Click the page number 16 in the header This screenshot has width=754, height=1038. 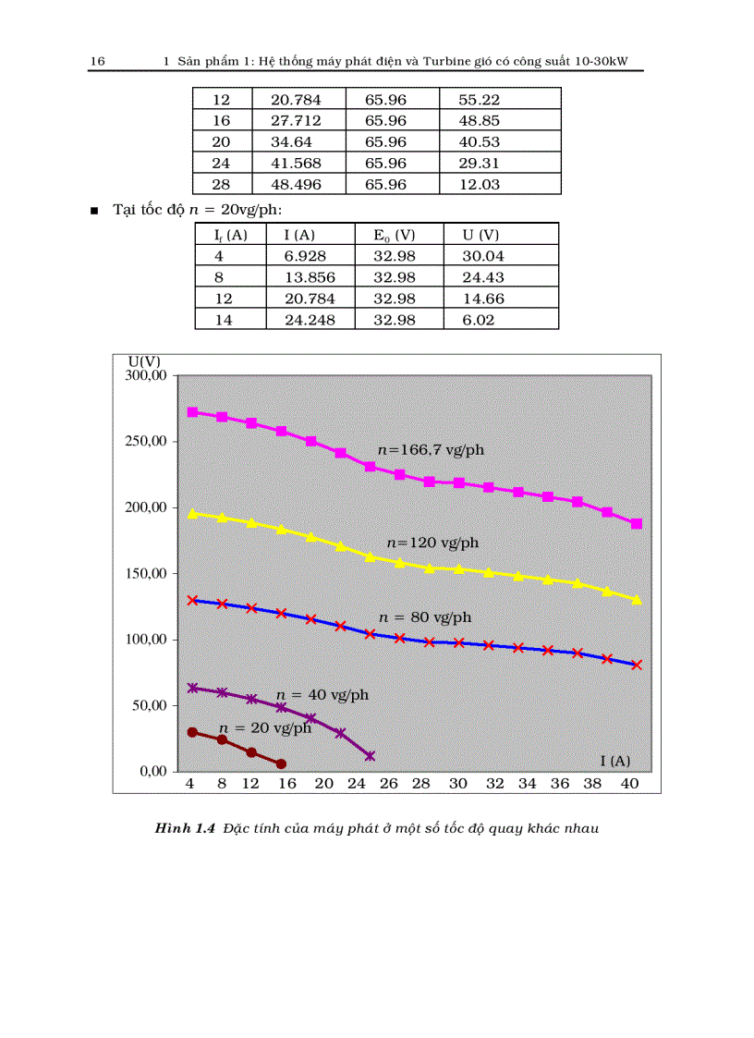pyautogui.click(x=97, y=62)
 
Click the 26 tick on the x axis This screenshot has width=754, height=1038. pyautogui.click(x=389, y=784)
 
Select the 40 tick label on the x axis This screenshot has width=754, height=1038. pyautogui.click(x=629, y=784)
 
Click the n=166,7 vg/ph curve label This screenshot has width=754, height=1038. pyautogui.click(x=431, y=450)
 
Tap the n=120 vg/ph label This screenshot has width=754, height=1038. pyautogui.click(x=432, y=543)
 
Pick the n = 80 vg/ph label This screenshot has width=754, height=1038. pyautogui.click(x=425, y=617)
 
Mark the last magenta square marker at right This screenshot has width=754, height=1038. pyautogui.click(x=637, y=524)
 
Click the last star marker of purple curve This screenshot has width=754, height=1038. pyautogui.click(x=370, y=756)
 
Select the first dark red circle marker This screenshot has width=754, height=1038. pyautogui.click(x=192, y=732)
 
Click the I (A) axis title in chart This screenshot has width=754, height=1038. pyautogui.click(x=614, y=761)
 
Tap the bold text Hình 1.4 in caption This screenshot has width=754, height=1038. pyautogui.click(x=185, y=828)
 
